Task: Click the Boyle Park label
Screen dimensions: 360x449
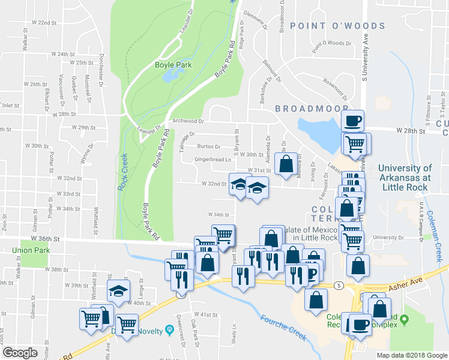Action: tap(172, 65)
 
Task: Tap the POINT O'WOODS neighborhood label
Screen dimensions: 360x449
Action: tap(337, 26)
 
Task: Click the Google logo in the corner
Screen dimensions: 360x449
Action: tap(20, 352)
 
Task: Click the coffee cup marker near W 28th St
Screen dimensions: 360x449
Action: tap(352, 121)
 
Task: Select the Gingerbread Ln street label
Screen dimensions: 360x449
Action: tap(212, 160)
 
